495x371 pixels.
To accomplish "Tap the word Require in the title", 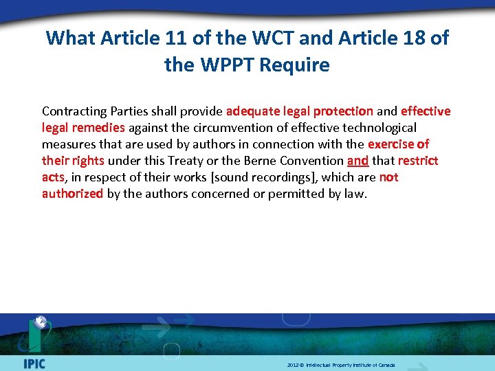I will (x=297, y=65).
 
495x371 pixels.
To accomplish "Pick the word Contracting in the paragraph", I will (x=74, y=111).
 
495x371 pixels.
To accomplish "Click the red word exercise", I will (x=391, y=144).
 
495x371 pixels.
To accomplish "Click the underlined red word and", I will (x=357, y=161).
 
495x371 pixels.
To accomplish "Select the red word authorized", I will (x=72, y=194).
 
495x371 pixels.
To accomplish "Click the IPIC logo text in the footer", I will (x=34, y=363).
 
